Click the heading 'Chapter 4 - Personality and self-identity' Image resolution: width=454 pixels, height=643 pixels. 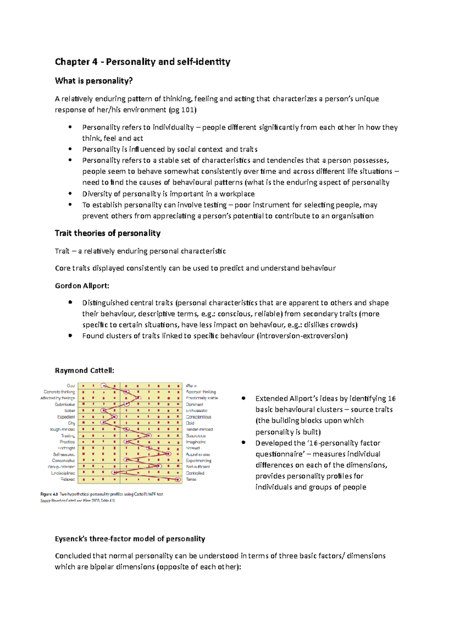click(142, 62)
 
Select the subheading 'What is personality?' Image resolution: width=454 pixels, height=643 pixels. click(93, 81)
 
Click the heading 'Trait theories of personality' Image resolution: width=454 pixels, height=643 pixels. click(107, 233)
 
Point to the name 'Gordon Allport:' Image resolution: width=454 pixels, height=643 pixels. click(82, 286)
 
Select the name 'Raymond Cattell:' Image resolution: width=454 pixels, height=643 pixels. click(84, 370)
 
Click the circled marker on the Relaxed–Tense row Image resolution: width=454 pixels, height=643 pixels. click(177, 479)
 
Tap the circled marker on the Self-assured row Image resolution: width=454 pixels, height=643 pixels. click(168, 454)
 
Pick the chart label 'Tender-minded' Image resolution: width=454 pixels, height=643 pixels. click(199, 429)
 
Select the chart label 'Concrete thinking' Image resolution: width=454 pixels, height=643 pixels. click(59, 392)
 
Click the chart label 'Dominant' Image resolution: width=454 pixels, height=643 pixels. click(194, 404)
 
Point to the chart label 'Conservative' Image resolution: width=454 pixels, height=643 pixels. click(64, 460)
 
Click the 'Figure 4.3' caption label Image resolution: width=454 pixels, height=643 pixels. click(49, 494)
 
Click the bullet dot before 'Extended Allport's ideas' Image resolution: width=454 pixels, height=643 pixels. click(244, 398)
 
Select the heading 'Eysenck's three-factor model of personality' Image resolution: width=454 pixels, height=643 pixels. click(130, 539)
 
